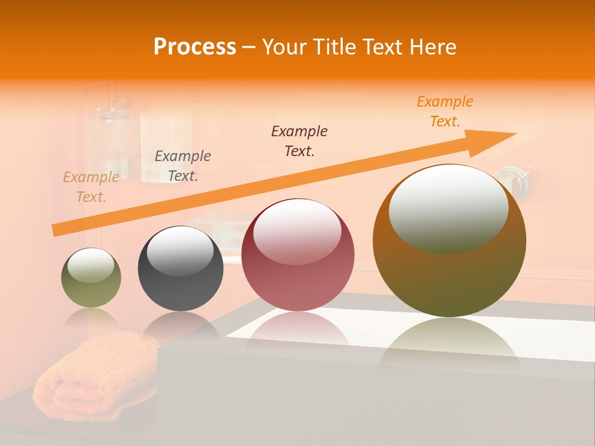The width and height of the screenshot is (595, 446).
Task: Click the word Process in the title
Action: [x=195, y=47]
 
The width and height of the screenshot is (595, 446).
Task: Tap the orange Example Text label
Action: [x=445, y=111]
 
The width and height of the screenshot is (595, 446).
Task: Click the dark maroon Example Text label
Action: [x=299, y=141]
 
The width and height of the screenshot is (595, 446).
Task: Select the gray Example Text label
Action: [x=183, y=165]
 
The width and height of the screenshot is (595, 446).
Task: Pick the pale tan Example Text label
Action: [x=91, y=187]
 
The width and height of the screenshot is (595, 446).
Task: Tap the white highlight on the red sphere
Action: [x=297, y=233]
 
